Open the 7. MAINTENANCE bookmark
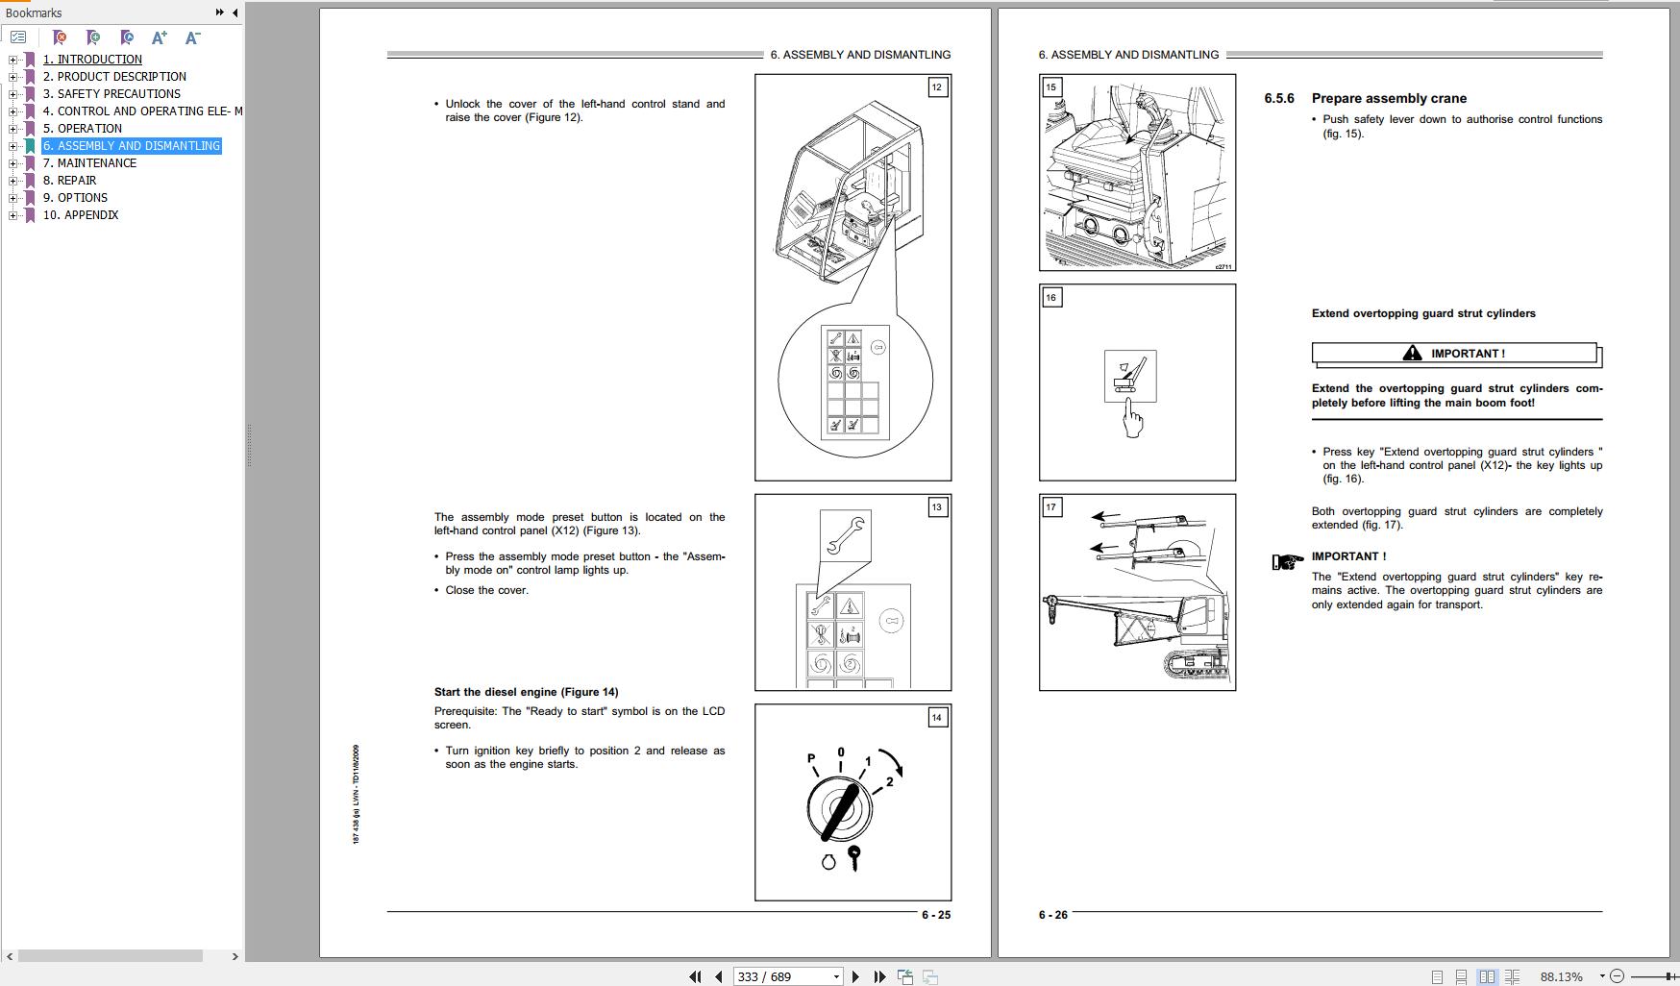pyautogui.click(x=96, y=163)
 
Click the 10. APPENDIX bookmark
pyautogui.click(x=81, y=215)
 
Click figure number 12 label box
pyautogui.click(x=937, y=87)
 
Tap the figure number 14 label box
pyautogui.click(x=937, y=718)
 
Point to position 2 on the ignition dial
pyautogui.click(x=890, y=781)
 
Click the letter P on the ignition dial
pyautogui.click(x=811, y=759)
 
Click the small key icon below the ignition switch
pyautogui.click(x=853, y=857)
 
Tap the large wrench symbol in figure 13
pyautogui.click(x=846, y=535)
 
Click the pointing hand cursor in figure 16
pyautogui.click(x=1134, y=420)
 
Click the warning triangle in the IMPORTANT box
pyautogui.click(x=1412, y=354)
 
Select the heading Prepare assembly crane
pyautogui.click(x=1389, y=98)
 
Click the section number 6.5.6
pyautogui.click(x=1279, y=98)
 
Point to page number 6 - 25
pyautogui.click(x=935, y=915)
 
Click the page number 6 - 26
pyautogui.click(x=1052, y=915)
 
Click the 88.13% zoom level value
pyautogui.click(x=1561, y=976)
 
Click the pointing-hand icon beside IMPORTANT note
pyautogui.click(x=1287, y=561)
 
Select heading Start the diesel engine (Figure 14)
pyautogui.click(x=526, y=692)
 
